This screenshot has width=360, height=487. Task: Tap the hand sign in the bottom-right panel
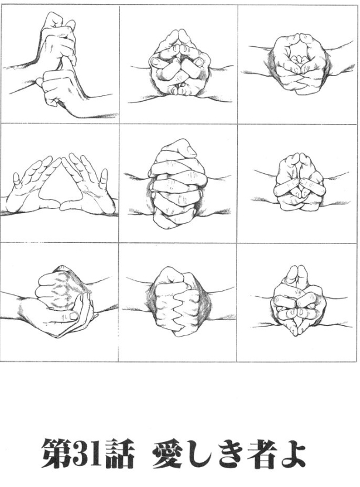point(297,300)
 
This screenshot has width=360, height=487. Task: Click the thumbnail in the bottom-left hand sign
point(74,316)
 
